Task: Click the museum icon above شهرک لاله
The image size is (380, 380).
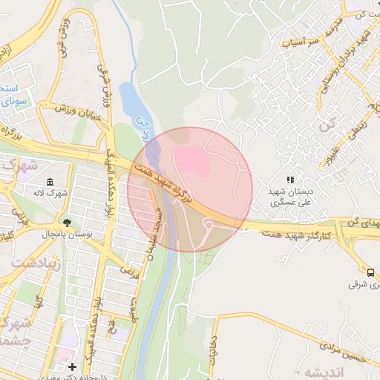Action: (x=50, y=183)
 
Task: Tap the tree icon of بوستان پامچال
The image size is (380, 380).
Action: (x=68, y=223)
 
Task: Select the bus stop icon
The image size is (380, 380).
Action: (x=370, y=272)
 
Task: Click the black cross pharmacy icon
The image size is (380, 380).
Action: (x=72, y=367)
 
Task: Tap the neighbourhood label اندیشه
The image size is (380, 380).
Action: (x=350, y=373)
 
